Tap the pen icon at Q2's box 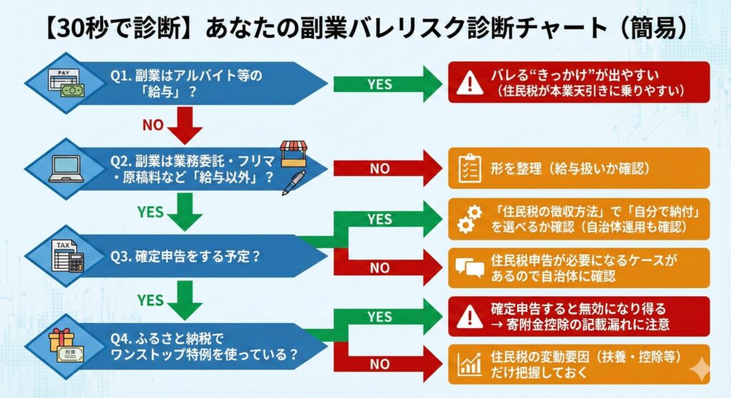[293, 183]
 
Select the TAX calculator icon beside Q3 [67, 255]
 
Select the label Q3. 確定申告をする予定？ [186, 257]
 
